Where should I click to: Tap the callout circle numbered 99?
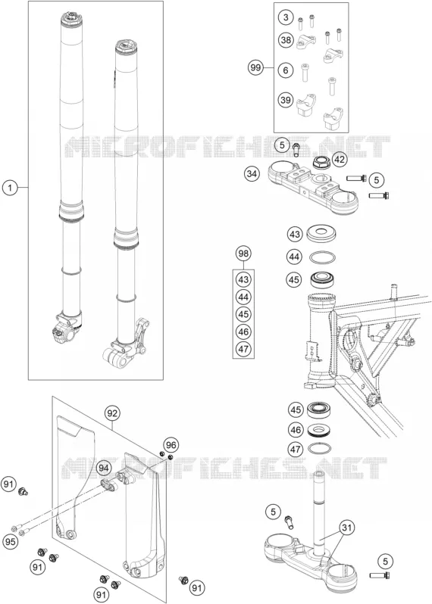255,68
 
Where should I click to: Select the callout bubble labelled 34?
252,174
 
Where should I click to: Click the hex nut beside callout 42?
321,162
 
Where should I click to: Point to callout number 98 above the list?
243,254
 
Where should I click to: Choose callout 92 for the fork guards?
112,413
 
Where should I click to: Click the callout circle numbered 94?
103,468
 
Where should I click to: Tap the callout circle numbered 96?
171,445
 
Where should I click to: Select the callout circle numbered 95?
11,542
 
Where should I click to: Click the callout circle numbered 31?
347,528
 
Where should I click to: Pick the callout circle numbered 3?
286,17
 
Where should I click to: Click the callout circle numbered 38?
286,39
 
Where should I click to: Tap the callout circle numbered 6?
286,70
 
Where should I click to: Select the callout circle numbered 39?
286,100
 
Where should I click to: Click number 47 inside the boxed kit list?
243,349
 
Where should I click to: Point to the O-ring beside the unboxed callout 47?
320,448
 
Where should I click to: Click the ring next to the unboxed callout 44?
322,257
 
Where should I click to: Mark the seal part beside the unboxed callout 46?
321,429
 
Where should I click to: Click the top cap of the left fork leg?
71,19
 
